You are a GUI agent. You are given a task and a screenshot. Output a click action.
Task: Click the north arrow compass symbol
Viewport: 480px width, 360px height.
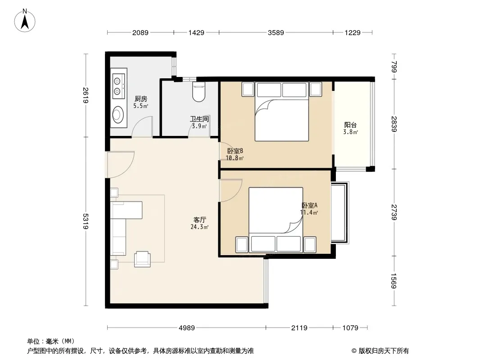point(25,21)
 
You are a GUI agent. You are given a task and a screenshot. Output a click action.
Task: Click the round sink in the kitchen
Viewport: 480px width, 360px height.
point(118,114)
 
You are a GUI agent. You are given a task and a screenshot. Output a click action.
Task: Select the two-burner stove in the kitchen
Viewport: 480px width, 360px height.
point(119,86)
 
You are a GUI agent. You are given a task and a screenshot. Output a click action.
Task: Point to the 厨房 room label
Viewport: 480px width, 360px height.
point(141,99)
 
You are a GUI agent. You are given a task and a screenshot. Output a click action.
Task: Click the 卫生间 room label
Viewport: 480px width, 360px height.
point(199,119)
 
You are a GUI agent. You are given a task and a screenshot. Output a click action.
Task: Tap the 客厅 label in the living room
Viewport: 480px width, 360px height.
point(199,220)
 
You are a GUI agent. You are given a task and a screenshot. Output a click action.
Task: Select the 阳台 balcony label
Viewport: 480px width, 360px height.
point(350,125)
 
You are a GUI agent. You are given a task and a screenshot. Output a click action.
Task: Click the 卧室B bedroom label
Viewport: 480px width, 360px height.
point(235,151)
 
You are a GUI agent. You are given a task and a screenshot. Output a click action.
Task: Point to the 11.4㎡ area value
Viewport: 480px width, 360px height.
point(309,212)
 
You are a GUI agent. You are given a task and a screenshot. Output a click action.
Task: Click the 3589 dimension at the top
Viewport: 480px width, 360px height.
point(276,32)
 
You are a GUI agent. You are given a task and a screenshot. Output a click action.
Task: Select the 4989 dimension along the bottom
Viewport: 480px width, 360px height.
point(187,328)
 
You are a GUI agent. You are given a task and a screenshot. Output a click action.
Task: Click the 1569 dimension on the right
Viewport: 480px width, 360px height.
point(394,281)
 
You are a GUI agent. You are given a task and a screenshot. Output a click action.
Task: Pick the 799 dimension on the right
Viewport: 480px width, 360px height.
point(394,67)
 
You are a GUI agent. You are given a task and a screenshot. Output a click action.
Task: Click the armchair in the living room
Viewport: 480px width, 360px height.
point(142,259)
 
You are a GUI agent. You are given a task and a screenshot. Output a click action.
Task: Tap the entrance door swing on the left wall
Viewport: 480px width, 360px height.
point(120,165)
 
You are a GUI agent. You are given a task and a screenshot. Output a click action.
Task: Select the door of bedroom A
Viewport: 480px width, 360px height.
point(230,190)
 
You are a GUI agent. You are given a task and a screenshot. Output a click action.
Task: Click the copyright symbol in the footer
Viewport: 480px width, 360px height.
point(354,351)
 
